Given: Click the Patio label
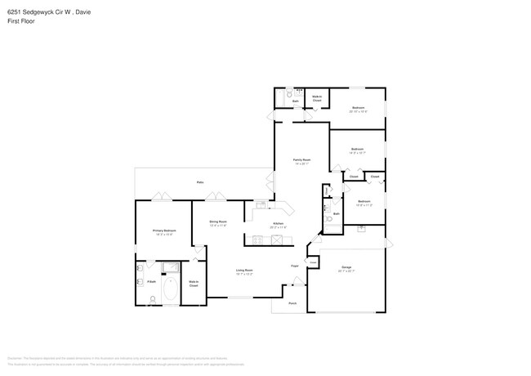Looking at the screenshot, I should click(x=200, y=182).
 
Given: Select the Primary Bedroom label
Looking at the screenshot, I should click(x=164, y=231).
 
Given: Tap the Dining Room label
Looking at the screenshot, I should click(x=217, y=222).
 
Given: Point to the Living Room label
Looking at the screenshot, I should click(x=244, y=270).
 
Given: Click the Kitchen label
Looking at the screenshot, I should click(x=278, y=223).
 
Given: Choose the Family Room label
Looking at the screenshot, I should click(x=301, y=159).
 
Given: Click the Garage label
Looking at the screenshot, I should click(x=346, y=267).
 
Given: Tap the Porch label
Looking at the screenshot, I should click(x=292, y=302).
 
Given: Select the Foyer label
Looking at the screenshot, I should click(x=294, y=266).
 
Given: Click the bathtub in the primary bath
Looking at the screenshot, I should click(x=171, y=289).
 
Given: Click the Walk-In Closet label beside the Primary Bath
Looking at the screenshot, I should click(x=194, y=284).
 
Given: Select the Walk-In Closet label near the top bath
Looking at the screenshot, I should click(x=316, y=97).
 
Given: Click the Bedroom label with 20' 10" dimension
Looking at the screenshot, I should click(x=358, y=108).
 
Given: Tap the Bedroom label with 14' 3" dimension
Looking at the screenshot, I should click(x=356, y=149).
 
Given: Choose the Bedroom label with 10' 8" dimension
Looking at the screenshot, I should click(x=364, y=200).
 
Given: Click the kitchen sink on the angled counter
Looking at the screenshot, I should click(x=261, y=204).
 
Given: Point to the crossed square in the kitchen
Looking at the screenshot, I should click(x=278, y=239).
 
